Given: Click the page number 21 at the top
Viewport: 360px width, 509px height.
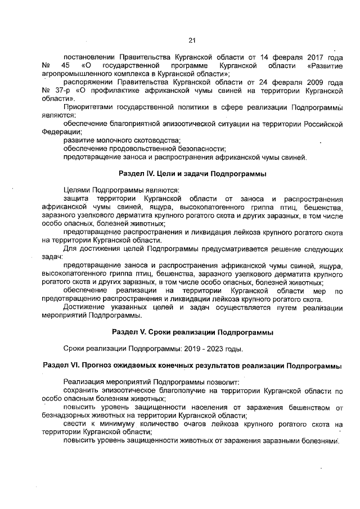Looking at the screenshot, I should pyautogui.click(x=191, y=40).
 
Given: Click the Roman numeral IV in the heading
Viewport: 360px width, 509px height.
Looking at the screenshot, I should pyautogui.click(x=151, y=174).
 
